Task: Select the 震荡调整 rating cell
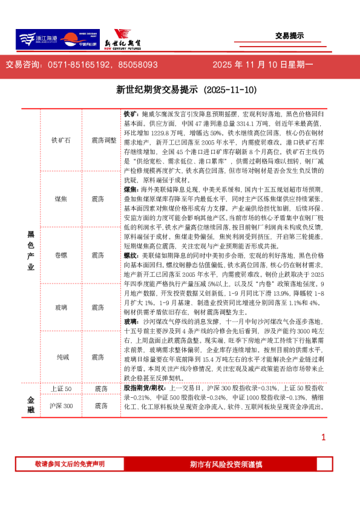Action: (x=103, y=140)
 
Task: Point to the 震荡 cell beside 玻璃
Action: (x=98, y=308)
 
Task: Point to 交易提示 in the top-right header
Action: (x=289, y=36)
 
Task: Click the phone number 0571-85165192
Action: (x=79, y=65)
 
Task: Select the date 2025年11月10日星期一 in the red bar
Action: (x=263, y=65)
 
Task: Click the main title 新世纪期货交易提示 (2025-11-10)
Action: (x=178, y=90)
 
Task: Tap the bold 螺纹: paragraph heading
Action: (x=132, y=256)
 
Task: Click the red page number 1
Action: (x=324, y=437)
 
